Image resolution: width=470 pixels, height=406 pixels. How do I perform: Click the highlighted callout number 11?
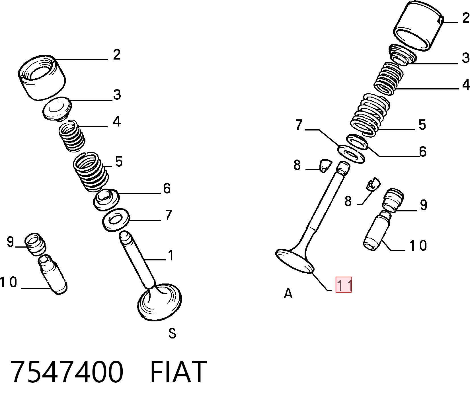tap(344, 285)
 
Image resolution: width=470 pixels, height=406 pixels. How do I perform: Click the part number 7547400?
tap(67, 372)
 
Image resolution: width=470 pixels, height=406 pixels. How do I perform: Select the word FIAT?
tap(178, 372)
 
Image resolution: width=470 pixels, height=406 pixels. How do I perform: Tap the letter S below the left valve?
tap(172, 333)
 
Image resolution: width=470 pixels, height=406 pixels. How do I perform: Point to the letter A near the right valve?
tap(288, 293)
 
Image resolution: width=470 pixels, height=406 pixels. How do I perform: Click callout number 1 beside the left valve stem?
tap(171, 255)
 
